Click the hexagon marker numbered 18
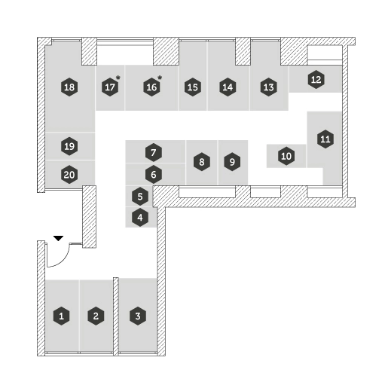point(69,87)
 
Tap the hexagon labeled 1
point(62,316)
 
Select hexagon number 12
point(316,80)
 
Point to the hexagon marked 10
point(286,156)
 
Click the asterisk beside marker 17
point(118,78)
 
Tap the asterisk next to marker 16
point(160,78)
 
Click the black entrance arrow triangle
point(58,238)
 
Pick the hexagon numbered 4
point(140,218)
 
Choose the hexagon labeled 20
point(69,175)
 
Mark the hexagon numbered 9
point(232,162)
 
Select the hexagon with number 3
point(138,316)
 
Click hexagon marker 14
point(228,87)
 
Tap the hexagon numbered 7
point(154,152)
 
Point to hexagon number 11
point(325,139)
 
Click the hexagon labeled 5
point(140,197)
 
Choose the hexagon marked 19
point(69,146)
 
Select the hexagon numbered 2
point(96,316)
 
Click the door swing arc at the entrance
point(63,261)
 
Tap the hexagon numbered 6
point(154,175)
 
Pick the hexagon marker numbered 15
point(193,87)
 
